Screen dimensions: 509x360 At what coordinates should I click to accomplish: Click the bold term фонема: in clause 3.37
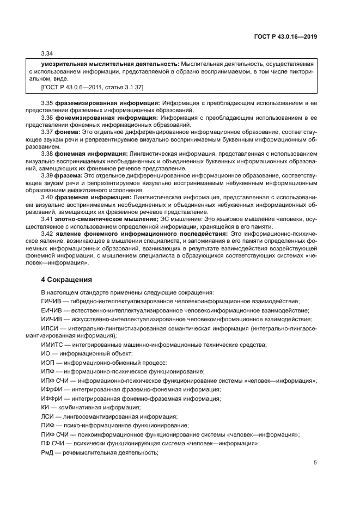tap(69, 132)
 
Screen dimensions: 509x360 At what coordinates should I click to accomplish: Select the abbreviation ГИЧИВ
tap(51, 301)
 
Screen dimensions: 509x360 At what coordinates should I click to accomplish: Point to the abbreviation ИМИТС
tap(52, 345)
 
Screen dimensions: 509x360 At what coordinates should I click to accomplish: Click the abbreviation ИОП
tap(48, 363)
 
